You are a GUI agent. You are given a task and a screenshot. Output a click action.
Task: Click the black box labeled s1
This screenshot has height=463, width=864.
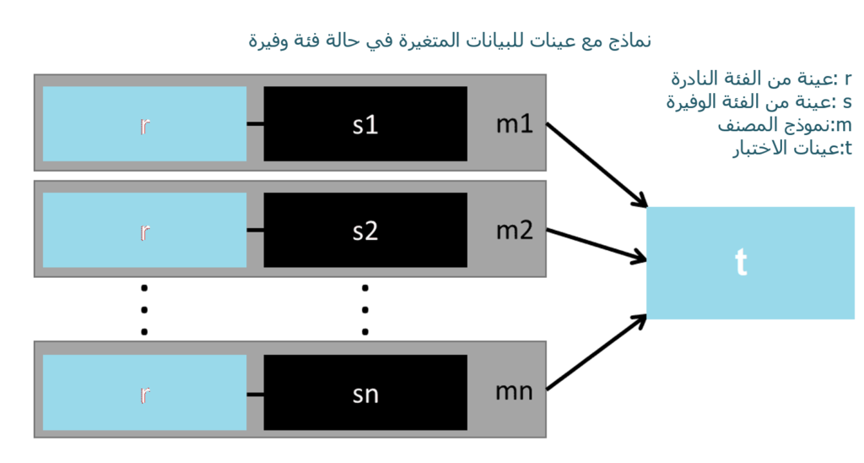pos(365,123)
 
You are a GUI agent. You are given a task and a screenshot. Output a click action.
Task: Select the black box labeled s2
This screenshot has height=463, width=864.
pos(365,230)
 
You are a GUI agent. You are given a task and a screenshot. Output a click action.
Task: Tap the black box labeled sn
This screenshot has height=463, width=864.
pos(365,392)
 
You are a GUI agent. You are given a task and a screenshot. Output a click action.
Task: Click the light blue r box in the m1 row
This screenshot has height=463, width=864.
pos(144,123)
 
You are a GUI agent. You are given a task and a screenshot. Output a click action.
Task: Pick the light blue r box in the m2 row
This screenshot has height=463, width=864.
pos(144,230)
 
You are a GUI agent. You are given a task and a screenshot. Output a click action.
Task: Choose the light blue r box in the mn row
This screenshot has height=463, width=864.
pos(144,392)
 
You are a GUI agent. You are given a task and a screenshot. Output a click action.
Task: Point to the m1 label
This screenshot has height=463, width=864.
pos(515,124)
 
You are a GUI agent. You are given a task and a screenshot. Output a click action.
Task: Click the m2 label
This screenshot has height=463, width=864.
pos(515,230)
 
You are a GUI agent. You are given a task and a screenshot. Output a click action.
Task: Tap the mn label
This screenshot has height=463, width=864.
pos(514,392)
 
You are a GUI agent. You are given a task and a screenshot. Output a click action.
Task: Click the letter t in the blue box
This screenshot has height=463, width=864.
pos(741,262)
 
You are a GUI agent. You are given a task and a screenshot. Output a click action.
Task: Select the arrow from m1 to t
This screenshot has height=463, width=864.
pos(597,165)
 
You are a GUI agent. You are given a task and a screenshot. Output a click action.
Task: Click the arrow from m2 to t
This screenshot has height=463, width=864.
pos(597,244)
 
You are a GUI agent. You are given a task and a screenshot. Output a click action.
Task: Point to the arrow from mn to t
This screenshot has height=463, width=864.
pos(597,352)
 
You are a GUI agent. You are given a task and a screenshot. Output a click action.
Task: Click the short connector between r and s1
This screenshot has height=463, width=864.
pos(255,123)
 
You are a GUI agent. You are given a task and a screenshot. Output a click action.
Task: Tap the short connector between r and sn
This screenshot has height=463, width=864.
pos(255,394)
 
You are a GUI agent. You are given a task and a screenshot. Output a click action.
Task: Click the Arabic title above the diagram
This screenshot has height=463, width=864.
pos(450,41)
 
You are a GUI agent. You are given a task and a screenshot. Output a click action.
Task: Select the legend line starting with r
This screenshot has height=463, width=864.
pos(762,79)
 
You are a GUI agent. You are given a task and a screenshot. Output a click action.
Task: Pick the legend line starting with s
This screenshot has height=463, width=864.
pos(759,102)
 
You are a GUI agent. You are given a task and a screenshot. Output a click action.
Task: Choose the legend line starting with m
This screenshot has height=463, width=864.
pos(785,125)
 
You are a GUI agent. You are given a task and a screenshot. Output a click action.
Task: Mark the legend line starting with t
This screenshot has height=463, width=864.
pos(792,149)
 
